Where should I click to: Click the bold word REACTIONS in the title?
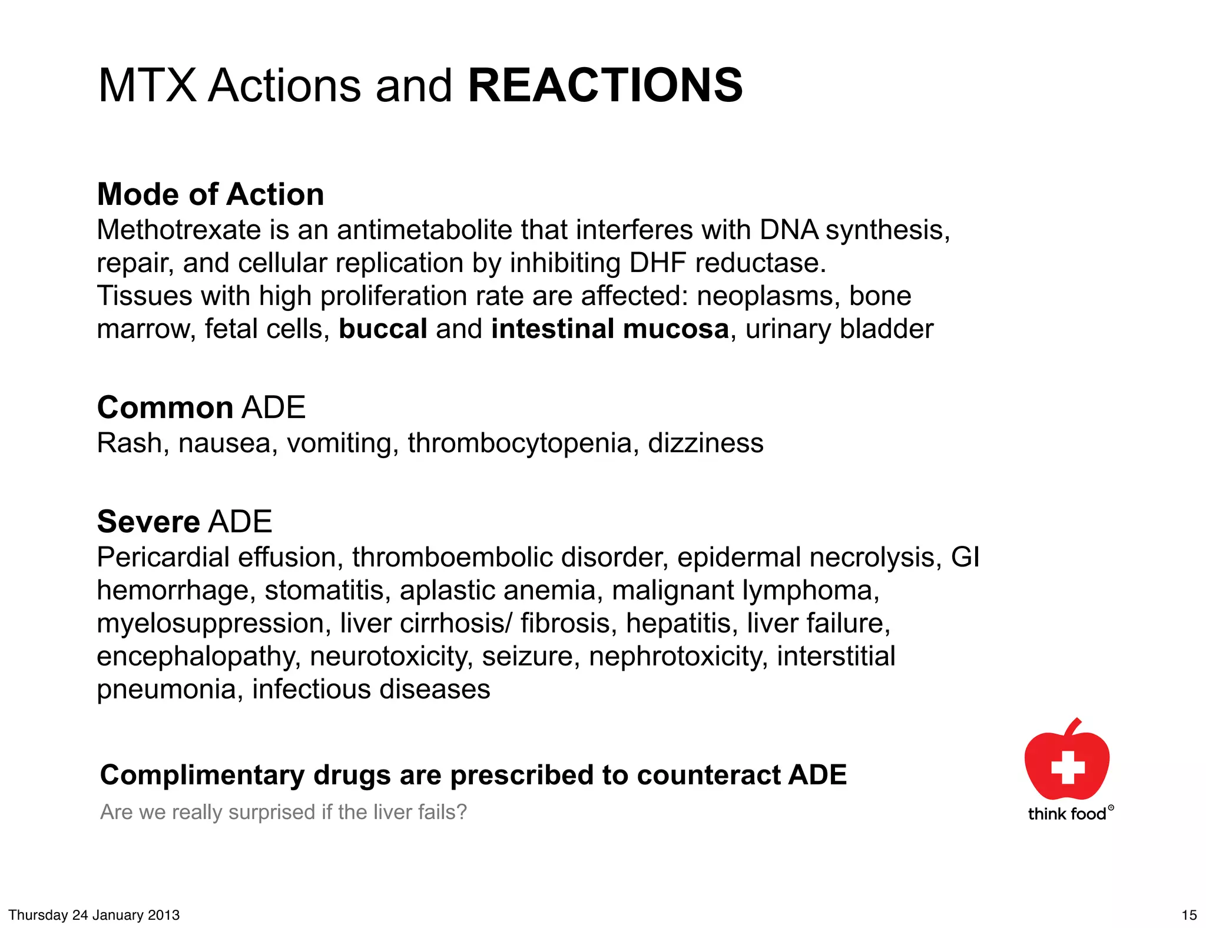coord(605,85)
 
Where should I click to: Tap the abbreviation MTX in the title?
coord(147,85)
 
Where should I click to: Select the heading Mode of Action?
coord(210,194)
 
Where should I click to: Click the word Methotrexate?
coord(178,230)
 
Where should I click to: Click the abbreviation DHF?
coord(657,263)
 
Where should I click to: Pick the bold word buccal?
coord(383,329)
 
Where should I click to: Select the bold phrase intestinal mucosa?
coord(610,329)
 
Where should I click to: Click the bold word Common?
coord(165,407)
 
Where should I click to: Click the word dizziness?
coord(705,443)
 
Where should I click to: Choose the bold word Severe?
coord(148,522)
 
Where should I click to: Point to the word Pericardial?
coord(163,557)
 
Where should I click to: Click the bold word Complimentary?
coord(202,775)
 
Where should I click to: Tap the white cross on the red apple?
coord(1068,767)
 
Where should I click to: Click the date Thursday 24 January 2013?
coord(94,915)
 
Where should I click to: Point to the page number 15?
coord(1189,915)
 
